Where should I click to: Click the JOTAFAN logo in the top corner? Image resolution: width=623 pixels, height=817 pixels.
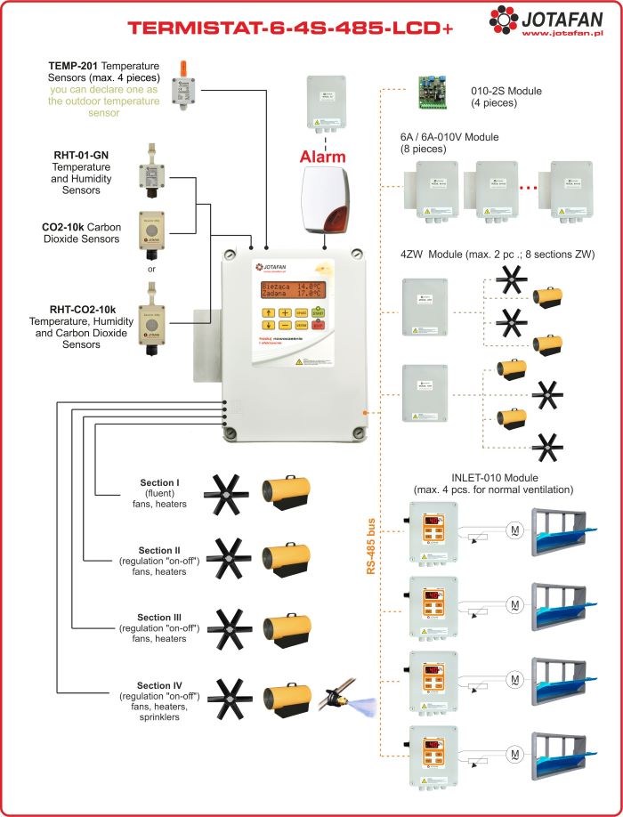point(545,19)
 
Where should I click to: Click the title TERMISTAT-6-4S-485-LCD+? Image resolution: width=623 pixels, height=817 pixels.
point(290,28)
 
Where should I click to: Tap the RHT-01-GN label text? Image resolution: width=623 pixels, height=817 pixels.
point(81,155)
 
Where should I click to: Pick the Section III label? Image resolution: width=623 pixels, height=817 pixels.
point(159,617)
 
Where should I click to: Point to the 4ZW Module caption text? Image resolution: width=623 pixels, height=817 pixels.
point(498,255)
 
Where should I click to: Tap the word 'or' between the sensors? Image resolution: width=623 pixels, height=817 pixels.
point(152,269)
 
